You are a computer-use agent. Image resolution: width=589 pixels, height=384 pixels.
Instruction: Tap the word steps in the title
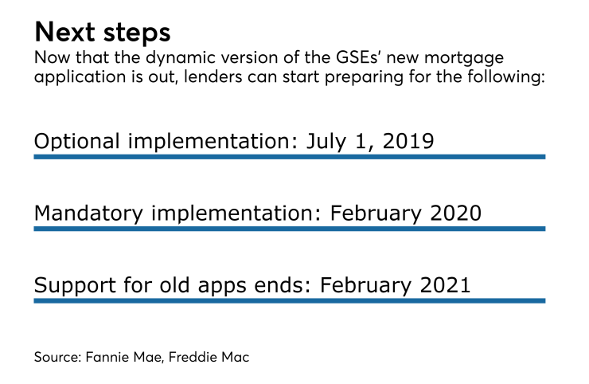point(137,33)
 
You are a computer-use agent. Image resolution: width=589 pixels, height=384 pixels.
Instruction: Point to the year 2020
point(453,214)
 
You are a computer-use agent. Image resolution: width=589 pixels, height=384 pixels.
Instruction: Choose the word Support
point(72,285)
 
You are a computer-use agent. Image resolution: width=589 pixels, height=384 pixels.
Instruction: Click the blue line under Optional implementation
point(289,157)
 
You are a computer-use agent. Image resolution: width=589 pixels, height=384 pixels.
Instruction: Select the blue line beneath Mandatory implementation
point(289,229)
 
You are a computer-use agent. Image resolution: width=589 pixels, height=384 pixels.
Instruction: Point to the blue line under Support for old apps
point(289,300)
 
